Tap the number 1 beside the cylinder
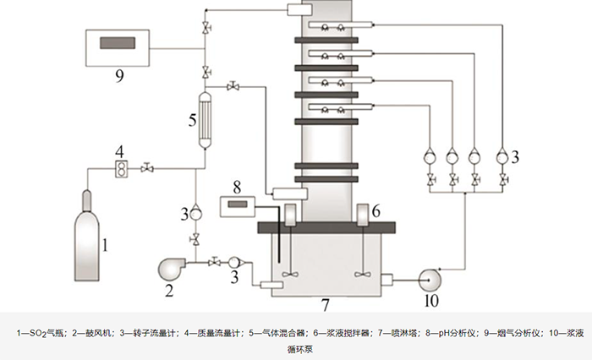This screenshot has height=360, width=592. click(105, 246)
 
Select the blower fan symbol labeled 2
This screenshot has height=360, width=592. click(173, 270)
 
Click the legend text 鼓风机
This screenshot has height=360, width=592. click(93, 333)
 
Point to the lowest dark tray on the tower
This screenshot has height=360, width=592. click(321, 166)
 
